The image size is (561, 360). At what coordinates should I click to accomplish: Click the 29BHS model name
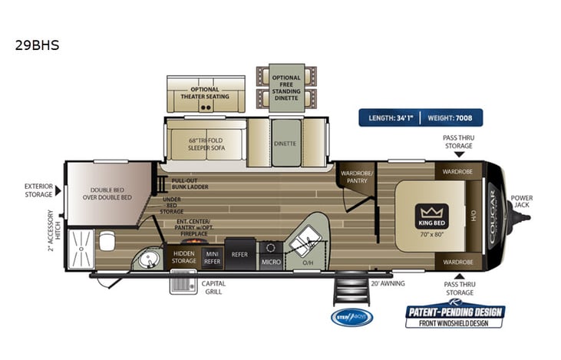(37, 45)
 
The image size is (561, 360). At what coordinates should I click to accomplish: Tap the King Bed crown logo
(432, 212)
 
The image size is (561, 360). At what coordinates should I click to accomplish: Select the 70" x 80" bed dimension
(432, 233)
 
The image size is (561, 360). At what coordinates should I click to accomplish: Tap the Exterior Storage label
(38, 190)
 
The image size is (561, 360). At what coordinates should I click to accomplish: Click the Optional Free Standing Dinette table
(286, 86)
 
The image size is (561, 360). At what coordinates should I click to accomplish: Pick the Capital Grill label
(213, 286)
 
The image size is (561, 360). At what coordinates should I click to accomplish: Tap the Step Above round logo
(351, 317)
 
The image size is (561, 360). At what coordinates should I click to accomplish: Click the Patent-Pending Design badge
(455, 315)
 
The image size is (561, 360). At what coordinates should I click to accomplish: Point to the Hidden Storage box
(184, 256)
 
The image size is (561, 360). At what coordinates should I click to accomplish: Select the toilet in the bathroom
(107, 241)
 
